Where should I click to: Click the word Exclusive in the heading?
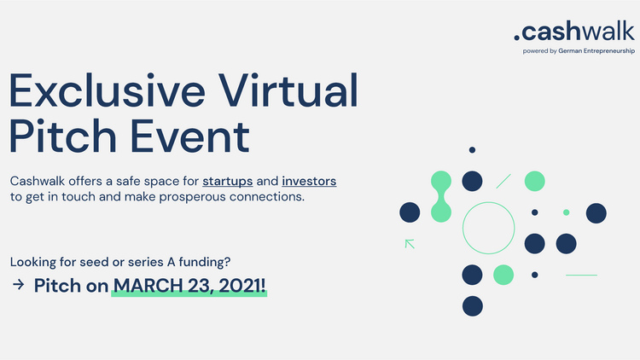[108, 90]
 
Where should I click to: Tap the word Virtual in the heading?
[288, 90]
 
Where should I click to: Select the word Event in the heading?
[189, 136]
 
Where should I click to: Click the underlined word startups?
[227, 181]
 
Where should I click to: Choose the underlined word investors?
[309, 181]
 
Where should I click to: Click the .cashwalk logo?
[574, 32]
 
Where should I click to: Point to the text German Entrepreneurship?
[596, 51]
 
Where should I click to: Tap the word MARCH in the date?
[148, 285]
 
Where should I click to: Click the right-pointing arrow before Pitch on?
[19, 284]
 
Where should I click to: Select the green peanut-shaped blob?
[441, 196]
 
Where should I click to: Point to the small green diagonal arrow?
[410, 244]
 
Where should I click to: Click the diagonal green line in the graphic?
[503, 181]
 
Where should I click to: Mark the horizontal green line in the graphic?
[581, 275]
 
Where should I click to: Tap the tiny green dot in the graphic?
[566, 212]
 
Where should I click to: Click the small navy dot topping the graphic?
[472, 150]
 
